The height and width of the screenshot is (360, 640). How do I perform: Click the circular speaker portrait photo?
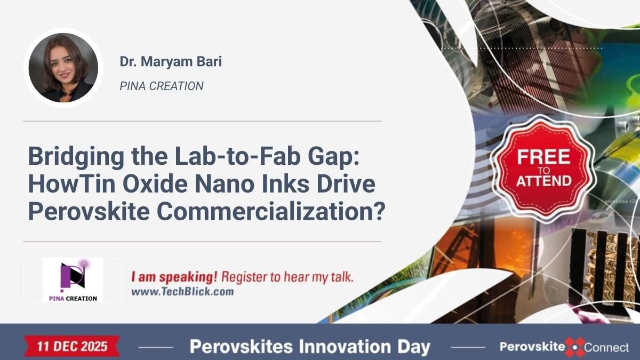(63, 68)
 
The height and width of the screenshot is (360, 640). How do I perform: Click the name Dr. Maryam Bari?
(171, 62)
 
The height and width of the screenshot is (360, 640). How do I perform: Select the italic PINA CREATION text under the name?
(162, 86)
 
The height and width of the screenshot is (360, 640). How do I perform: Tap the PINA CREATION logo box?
(73, 280)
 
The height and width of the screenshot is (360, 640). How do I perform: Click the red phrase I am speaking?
(174, 277)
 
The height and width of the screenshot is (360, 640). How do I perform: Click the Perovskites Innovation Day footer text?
(310, 347)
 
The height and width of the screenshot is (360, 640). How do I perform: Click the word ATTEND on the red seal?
(543, 181)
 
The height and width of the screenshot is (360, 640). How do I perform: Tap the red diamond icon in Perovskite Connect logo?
(575, 347)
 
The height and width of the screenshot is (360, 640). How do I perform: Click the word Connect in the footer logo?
(607, 348)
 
